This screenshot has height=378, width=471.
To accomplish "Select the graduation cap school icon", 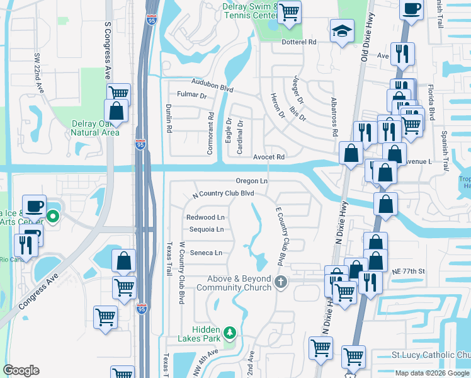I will tap(342, 31).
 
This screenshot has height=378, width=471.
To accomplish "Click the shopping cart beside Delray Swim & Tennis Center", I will tap(289, 12).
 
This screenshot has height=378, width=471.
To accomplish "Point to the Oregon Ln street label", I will tap(252, 181).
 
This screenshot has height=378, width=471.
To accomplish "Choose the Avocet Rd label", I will tap(270, 157).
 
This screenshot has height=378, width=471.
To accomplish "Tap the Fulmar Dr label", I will tap(192, 95).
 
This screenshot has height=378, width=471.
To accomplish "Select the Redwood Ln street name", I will tap(205, 217).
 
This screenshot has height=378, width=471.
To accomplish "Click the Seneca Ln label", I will tap(207, 253).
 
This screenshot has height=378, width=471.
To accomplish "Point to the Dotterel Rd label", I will tap(299, 42).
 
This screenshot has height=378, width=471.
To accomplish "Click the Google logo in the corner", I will tap(21, 370).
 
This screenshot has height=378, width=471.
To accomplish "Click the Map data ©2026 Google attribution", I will tap(432, 373).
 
